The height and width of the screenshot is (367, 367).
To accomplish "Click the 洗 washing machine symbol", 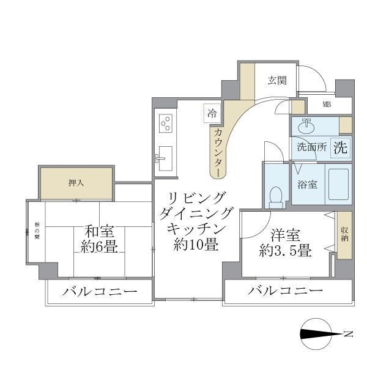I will click(x=340, y=147).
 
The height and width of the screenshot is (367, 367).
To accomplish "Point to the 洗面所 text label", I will click(x=311, y=147).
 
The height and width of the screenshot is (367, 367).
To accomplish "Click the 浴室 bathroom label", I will click(x=307, y=183).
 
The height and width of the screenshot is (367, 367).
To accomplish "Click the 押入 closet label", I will click(x=76, y=183).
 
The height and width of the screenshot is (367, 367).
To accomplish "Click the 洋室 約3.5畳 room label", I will click(x=286, y=242).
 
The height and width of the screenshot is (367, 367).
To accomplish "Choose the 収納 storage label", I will click(x=344, y=234).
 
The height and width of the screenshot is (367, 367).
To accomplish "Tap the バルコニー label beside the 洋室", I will click(x=285, y=291).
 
